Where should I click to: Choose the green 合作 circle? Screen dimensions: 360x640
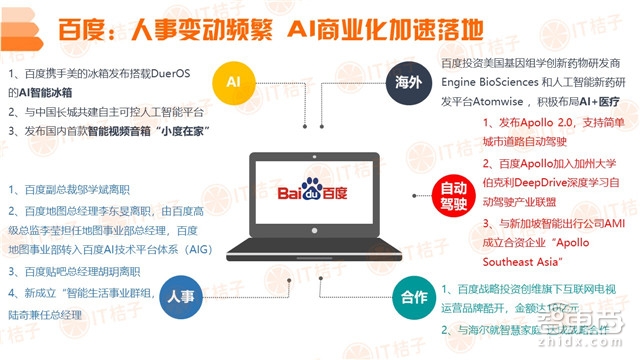(412, 299)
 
